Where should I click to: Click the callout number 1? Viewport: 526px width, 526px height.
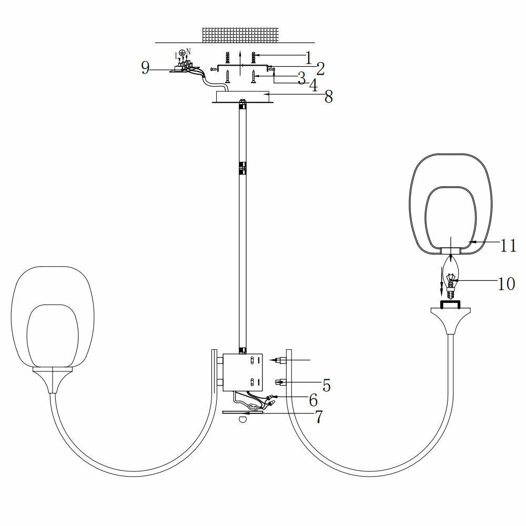pos(309,57)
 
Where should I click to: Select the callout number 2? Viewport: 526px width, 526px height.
pos(320,68)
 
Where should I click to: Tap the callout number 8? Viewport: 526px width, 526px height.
pos(329,97)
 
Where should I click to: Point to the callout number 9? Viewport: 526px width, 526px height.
pos(145,68)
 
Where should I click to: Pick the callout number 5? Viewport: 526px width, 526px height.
pos(326,386)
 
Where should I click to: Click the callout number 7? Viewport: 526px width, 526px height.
pos(318,417)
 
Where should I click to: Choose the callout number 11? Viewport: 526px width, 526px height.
pos(509,245)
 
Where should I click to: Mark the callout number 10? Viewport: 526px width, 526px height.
pos(506,284)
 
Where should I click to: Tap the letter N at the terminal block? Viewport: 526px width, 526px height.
pos(189,51)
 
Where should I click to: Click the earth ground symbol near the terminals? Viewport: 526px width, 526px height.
pos(182,53)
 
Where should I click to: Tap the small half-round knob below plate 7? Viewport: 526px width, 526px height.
pos(242,419)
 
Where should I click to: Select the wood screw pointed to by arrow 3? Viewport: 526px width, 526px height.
pos(254,77)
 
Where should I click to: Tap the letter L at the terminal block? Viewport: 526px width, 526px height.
pos(176,55)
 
